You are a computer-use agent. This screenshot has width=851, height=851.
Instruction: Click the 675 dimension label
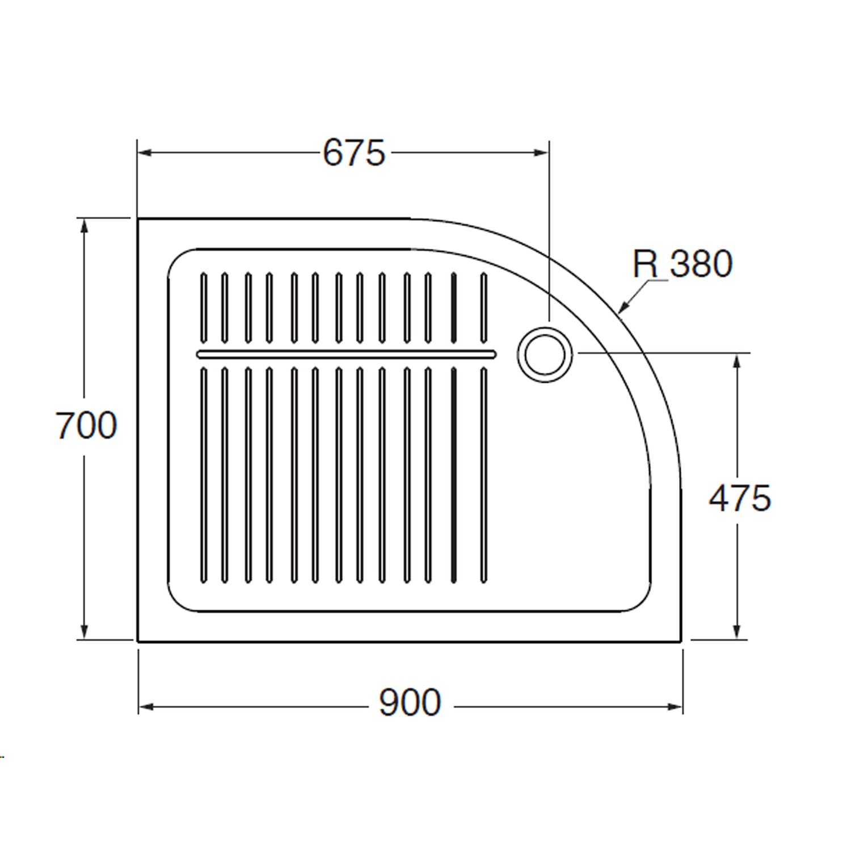(354, 153)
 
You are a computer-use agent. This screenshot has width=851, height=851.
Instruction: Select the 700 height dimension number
(86, 425)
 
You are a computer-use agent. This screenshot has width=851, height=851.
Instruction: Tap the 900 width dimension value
(410, 703)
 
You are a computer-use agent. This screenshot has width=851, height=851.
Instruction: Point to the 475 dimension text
(740, 498)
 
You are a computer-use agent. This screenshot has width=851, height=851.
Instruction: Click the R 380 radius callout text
(683, 264)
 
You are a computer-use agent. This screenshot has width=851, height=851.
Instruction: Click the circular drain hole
(545, 354)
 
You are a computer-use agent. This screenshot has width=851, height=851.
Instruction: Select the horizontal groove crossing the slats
(346, 355)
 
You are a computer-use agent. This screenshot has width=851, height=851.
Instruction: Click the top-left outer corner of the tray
(138, 219)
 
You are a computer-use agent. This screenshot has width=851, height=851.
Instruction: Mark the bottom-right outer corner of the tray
(680, 641)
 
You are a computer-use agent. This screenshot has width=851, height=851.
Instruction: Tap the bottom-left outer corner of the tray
(138, 641)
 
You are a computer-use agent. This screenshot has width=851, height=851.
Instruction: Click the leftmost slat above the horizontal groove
(204, 308)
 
